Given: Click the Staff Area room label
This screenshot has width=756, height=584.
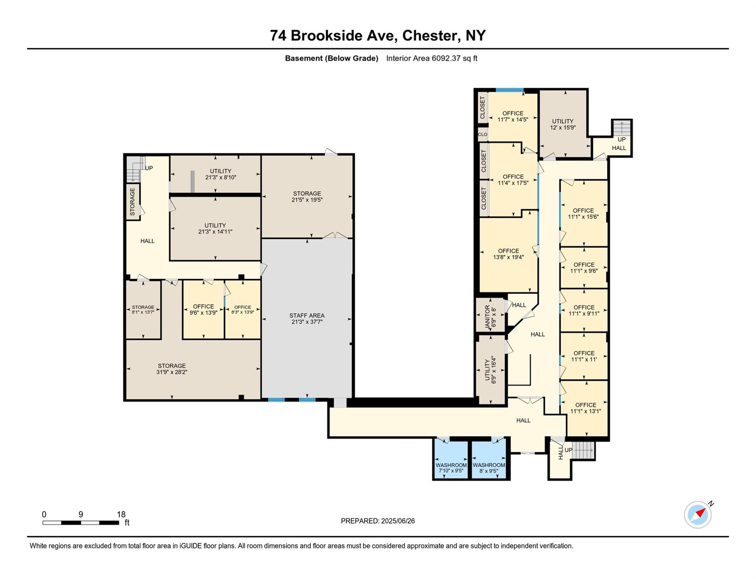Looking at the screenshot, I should point(307,316).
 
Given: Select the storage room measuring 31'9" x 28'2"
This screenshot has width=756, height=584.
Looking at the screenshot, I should point(172,368).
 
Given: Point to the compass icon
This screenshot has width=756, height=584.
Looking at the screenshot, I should point(697,514).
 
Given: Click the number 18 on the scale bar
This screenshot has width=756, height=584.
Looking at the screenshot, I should point(121,514).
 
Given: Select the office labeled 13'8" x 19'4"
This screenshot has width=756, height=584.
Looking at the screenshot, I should point(508,254).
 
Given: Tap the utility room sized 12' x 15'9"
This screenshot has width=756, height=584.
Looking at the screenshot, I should point(562,124).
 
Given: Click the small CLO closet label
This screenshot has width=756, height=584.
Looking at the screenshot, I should point(483,135).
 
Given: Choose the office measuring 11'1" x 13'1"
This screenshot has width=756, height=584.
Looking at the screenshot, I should point(585,408).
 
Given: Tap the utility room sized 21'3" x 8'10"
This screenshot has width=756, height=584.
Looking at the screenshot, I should point(221,174).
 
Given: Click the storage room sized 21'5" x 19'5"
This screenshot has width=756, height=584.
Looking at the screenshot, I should point(307,196).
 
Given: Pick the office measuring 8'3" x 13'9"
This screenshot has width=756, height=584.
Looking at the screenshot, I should point(242,309).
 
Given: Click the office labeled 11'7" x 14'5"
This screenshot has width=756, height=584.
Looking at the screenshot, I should point(513,116).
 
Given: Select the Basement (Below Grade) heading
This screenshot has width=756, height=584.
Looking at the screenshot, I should point(331,59).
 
